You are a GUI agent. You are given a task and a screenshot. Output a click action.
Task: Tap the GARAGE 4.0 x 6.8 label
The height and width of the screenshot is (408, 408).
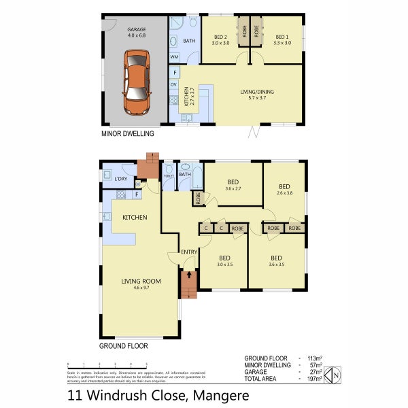point(136,33)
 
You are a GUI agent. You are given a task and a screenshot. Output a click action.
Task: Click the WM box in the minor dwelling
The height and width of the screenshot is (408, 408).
point(175,57)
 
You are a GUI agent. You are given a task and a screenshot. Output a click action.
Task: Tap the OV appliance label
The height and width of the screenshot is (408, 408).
point(174,84)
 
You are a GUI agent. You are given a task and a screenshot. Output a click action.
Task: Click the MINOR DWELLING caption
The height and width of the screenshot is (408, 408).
point(127,134)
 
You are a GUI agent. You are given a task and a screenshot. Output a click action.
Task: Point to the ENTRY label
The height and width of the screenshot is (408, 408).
point(188,253)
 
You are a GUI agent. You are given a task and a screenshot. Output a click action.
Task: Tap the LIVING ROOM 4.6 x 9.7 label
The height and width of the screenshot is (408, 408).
point(141,284)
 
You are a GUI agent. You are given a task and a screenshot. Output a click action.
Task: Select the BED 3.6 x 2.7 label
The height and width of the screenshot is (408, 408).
point(233,185)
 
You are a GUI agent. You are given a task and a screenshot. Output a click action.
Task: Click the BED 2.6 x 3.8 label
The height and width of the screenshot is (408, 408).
point(284,189)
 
